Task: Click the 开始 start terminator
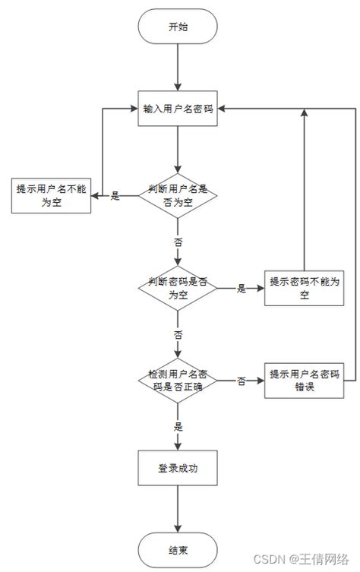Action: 178,27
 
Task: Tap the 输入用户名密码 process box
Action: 178,109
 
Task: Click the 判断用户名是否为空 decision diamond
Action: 178,195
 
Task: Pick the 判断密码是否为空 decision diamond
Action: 178,287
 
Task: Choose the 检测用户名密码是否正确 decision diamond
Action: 178,381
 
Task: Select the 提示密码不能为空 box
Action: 304,288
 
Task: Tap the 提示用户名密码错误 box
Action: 304,381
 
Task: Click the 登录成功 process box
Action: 178,468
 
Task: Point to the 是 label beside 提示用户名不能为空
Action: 115,196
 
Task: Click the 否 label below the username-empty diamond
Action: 178,242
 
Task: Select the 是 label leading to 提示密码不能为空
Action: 242,288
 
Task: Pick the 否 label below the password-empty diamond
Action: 178,334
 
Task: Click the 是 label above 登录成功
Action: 178,427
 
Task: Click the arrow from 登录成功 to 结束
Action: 178,509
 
